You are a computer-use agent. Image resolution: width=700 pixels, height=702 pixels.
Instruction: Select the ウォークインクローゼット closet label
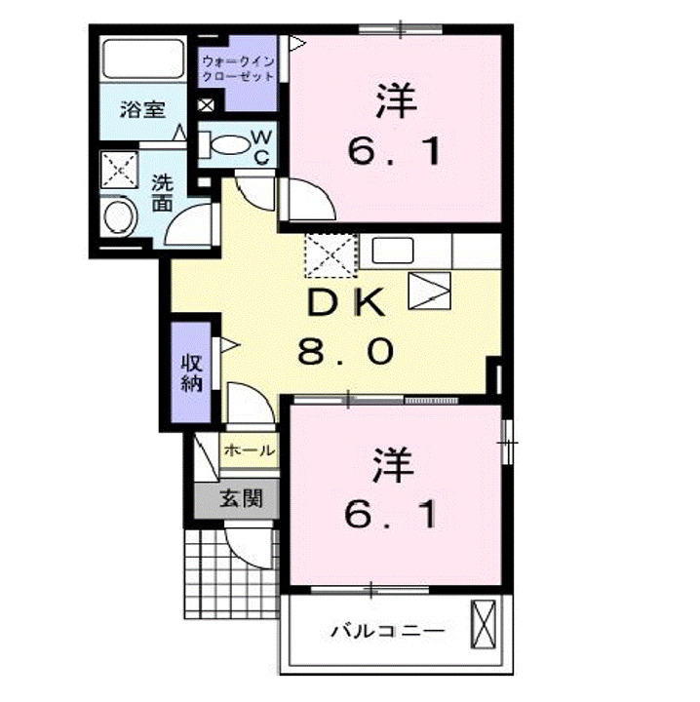pos(239,69)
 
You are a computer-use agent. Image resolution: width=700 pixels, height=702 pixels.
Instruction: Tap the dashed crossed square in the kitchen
pos(331,255)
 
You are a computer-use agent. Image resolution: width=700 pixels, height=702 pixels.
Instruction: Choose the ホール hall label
pos(249,450)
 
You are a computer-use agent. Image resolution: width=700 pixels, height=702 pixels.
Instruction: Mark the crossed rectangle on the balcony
pos(485,621)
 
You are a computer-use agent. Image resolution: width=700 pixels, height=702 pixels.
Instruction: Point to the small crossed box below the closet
pos(206,104)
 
